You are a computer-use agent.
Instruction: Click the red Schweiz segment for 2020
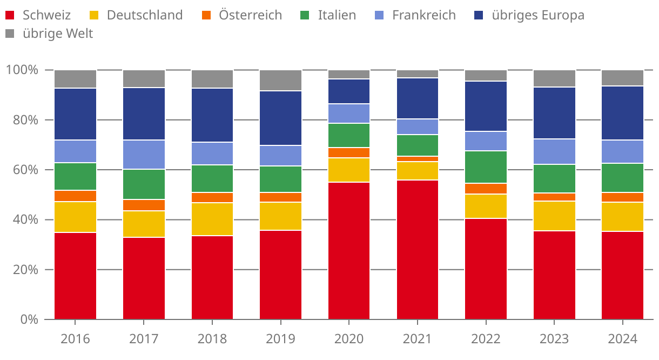click(349, 251)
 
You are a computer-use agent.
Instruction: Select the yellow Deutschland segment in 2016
click(75, 217)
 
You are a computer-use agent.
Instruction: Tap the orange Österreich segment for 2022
click(486, 189)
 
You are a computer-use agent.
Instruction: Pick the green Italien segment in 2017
click(144, 184)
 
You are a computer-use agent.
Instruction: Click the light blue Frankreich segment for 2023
click(554, 152)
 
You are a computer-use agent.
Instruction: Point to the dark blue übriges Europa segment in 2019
click(280, 118)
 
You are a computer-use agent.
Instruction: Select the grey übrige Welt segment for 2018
click(212, 79)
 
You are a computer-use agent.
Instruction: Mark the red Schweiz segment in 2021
click(418, 250)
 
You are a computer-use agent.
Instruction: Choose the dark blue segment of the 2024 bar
click(623, 113)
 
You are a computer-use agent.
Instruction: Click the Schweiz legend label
click(46, 15)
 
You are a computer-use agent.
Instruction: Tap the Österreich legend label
click(250, 15)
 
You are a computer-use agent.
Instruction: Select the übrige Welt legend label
click(58, 34)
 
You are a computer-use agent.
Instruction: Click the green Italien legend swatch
click(305, 15)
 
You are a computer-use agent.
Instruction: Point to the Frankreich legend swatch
click(380, 15)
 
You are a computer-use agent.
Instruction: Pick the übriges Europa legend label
click(537, 15)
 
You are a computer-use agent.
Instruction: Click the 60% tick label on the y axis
click(22, 170)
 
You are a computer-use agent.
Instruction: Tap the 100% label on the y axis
click(22, 70)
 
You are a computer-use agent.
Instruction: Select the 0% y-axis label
click(28, 319)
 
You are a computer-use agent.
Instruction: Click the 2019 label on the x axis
click(280, 339)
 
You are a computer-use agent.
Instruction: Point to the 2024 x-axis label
click(623, 339)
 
